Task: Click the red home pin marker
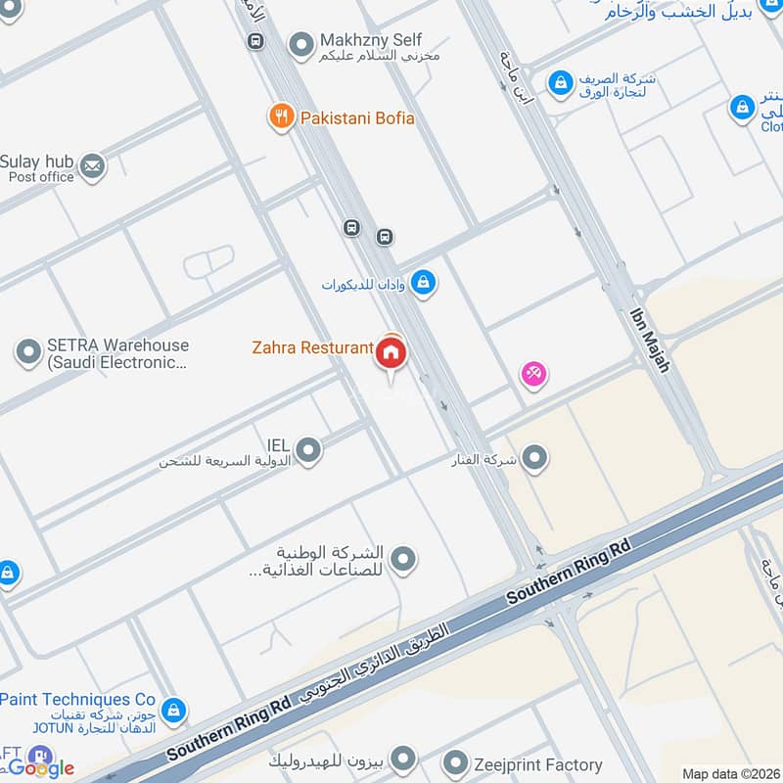point(391,353)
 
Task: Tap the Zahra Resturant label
point(311,347)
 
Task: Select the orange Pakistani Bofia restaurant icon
point(282,117)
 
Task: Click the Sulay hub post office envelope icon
point(93,166)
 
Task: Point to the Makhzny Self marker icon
point(300,44)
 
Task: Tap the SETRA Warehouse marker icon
point(27,351)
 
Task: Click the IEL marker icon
point(308,449)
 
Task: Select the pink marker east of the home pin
point(533,373)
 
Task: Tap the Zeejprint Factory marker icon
point(455,763)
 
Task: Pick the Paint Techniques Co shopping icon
point(174,709)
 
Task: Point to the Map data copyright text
point(729,773)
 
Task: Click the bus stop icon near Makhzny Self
point(255,41)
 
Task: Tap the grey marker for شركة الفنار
point(534,456)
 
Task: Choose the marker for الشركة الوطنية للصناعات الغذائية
point(402,559)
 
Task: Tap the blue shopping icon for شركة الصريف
point(561,84)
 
